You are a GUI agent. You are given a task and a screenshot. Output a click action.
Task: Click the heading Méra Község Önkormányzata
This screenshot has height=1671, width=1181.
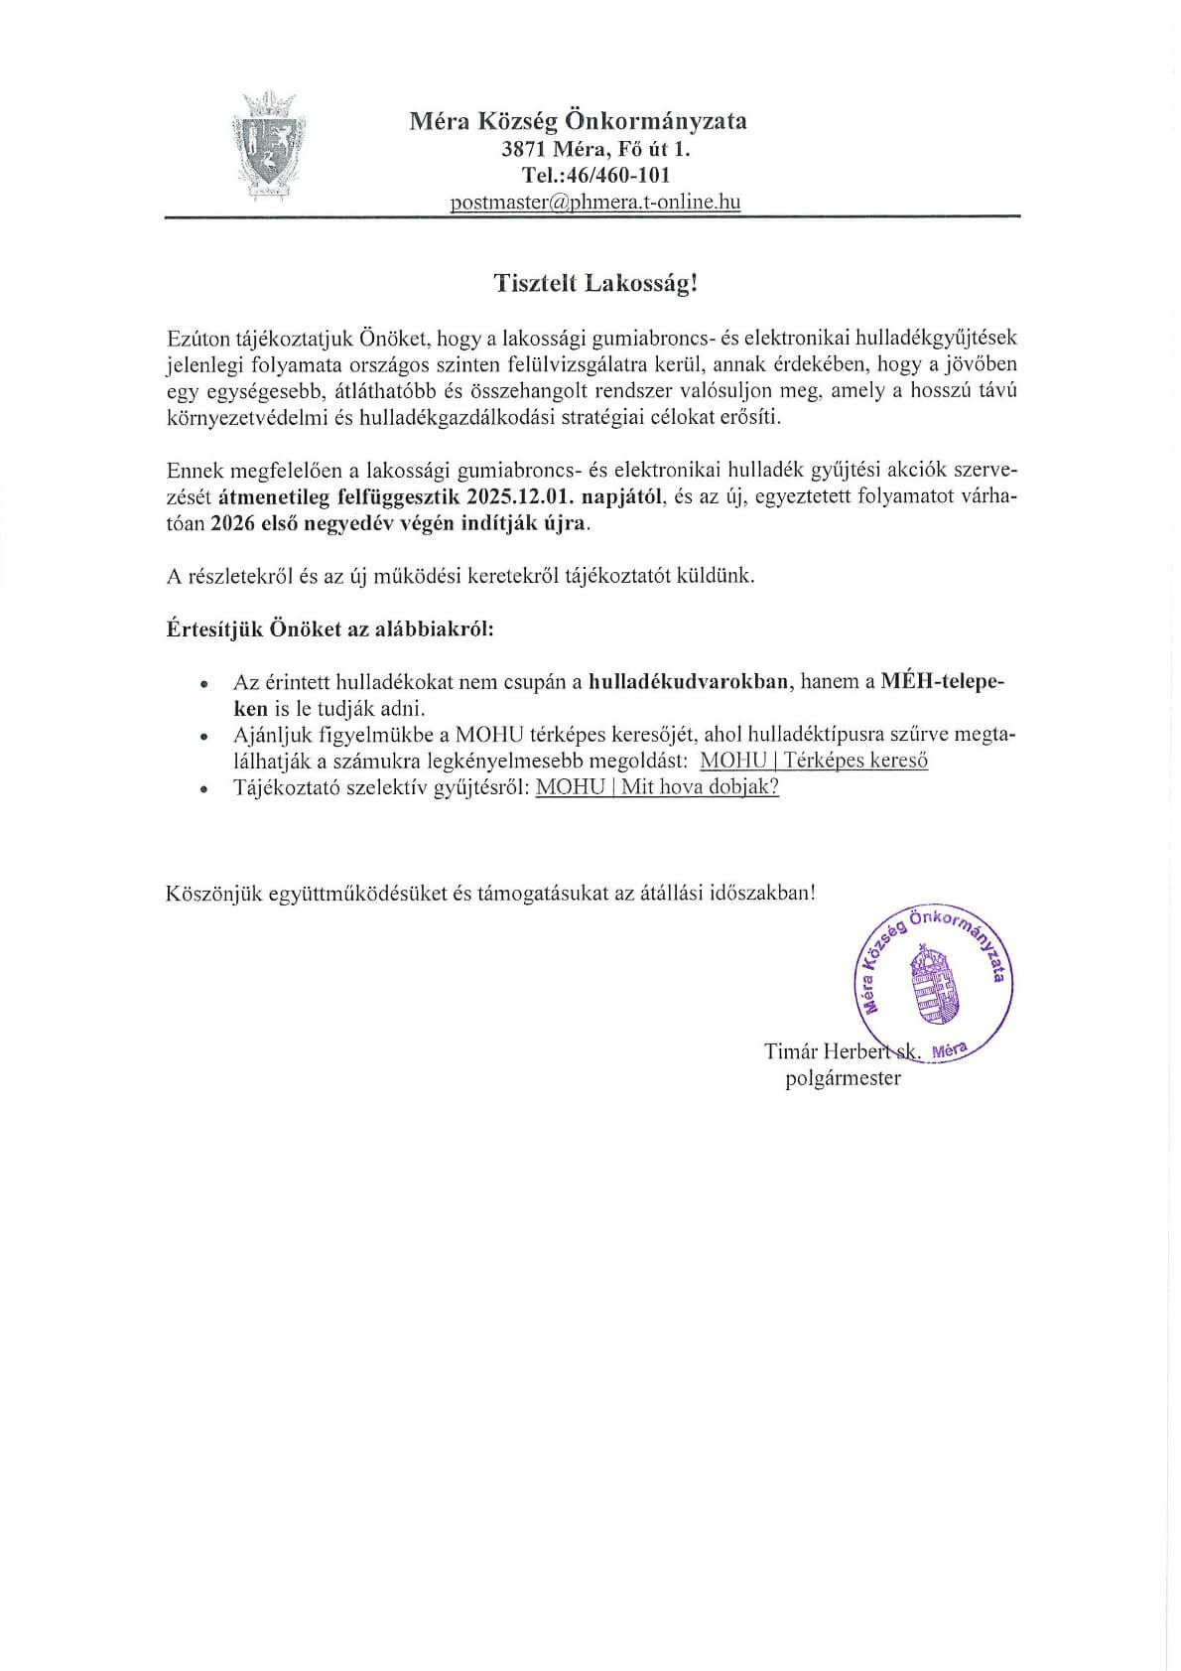(x=579, y=121)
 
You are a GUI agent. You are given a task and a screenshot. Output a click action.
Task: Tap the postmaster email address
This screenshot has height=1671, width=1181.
(x=595, y=203)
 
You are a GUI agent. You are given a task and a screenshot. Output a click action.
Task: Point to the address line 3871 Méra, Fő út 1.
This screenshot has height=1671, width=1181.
(x=595, y=150)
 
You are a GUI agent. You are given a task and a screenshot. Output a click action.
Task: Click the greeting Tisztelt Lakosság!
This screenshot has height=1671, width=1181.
(x=596, y=284)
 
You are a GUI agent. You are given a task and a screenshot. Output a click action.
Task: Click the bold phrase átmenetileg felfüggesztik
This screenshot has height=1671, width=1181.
(x=338, y=497)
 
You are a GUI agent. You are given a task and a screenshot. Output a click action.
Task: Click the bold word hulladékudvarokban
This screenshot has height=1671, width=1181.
(x=689, y=682)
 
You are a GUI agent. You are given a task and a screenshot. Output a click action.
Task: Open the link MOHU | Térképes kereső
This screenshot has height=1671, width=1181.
(x=814, y=762)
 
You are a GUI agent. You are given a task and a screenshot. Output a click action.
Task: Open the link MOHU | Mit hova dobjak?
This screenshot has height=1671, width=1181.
(x=657, y=787)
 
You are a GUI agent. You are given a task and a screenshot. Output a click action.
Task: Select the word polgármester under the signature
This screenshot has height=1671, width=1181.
(x=843, y=1078)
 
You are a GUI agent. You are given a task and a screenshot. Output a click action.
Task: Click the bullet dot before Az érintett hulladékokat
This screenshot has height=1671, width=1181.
(x=204, y=684)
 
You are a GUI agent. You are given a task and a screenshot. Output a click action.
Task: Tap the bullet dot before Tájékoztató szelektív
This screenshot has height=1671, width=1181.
(x=204, y=789)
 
